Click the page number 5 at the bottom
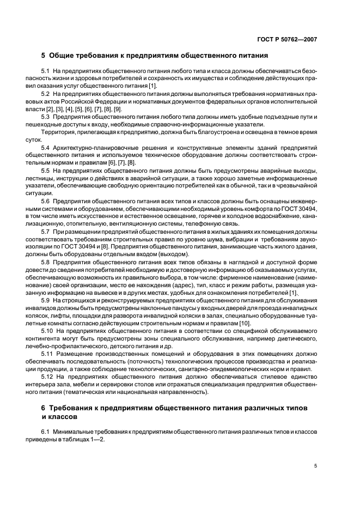tap(315, 465)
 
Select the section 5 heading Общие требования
tap(154, 56)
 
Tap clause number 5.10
tap(47, 331)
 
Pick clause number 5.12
tap(47, 376)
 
